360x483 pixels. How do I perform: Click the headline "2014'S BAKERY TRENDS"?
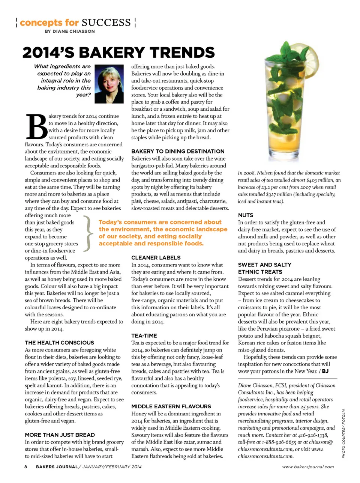click(118, 53)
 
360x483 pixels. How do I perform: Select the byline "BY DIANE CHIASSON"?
click(70, 32)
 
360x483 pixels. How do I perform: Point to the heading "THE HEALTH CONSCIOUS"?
click(59, 343)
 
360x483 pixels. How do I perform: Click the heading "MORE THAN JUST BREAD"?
click(60, 435)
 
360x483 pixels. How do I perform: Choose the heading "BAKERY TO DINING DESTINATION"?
click(178, 151)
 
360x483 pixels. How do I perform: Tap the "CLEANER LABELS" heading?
click(156, 258)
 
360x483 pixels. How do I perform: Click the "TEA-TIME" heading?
click(144, 336)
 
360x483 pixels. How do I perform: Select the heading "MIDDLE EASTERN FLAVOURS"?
click(171, 406)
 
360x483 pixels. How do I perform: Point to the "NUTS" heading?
click(246, 215)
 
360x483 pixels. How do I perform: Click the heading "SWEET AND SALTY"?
click(265, 265)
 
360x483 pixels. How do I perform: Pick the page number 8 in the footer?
click(25, 467)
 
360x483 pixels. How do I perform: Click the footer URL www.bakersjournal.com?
click(308, 467)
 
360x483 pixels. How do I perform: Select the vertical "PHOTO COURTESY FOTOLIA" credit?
click(343, 433)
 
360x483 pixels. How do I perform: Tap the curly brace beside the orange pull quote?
click(87, 233)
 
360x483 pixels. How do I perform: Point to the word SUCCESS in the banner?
click(106, 23)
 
